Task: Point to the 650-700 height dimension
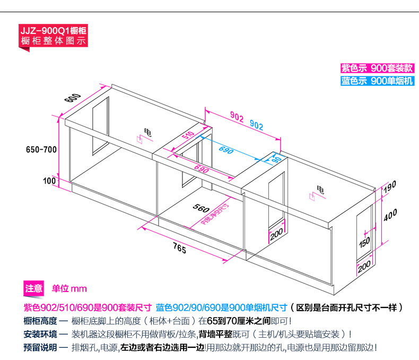(x=41, y=149)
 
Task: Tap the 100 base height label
(x=50, y=181)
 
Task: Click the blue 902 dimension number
(x=256, y=125)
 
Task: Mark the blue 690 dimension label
(x=226, y=150)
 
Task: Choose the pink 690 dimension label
(x=200, y=170)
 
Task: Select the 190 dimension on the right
(x=390, y=186)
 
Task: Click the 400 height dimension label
(x=390, y=216)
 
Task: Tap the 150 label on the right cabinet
(x=364, y=243)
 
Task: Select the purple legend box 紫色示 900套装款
(x=377, y=68)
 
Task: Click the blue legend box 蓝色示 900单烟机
(x=377, y=81)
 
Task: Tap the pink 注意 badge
(x=34, y=289)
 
